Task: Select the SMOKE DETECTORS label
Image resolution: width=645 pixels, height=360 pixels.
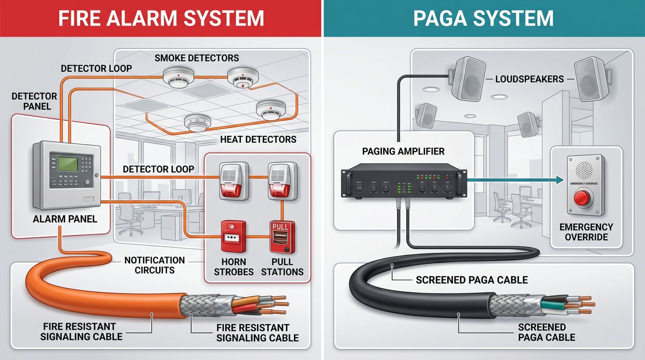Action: click(197, 58)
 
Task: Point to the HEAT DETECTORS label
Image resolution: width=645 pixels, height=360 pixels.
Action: click(258, 139)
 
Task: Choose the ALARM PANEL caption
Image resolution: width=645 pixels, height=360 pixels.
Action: click(65, 219)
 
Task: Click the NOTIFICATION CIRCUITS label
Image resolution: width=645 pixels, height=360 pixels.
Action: click(154, 265)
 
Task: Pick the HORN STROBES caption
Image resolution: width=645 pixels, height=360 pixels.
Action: click(234, 267)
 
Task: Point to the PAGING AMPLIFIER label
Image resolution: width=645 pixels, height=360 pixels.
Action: click(404, 151)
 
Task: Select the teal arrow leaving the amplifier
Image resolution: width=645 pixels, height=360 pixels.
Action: click(515, 180)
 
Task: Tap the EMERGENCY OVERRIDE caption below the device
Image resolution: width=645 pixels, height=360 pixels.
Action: click(586, 232)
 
